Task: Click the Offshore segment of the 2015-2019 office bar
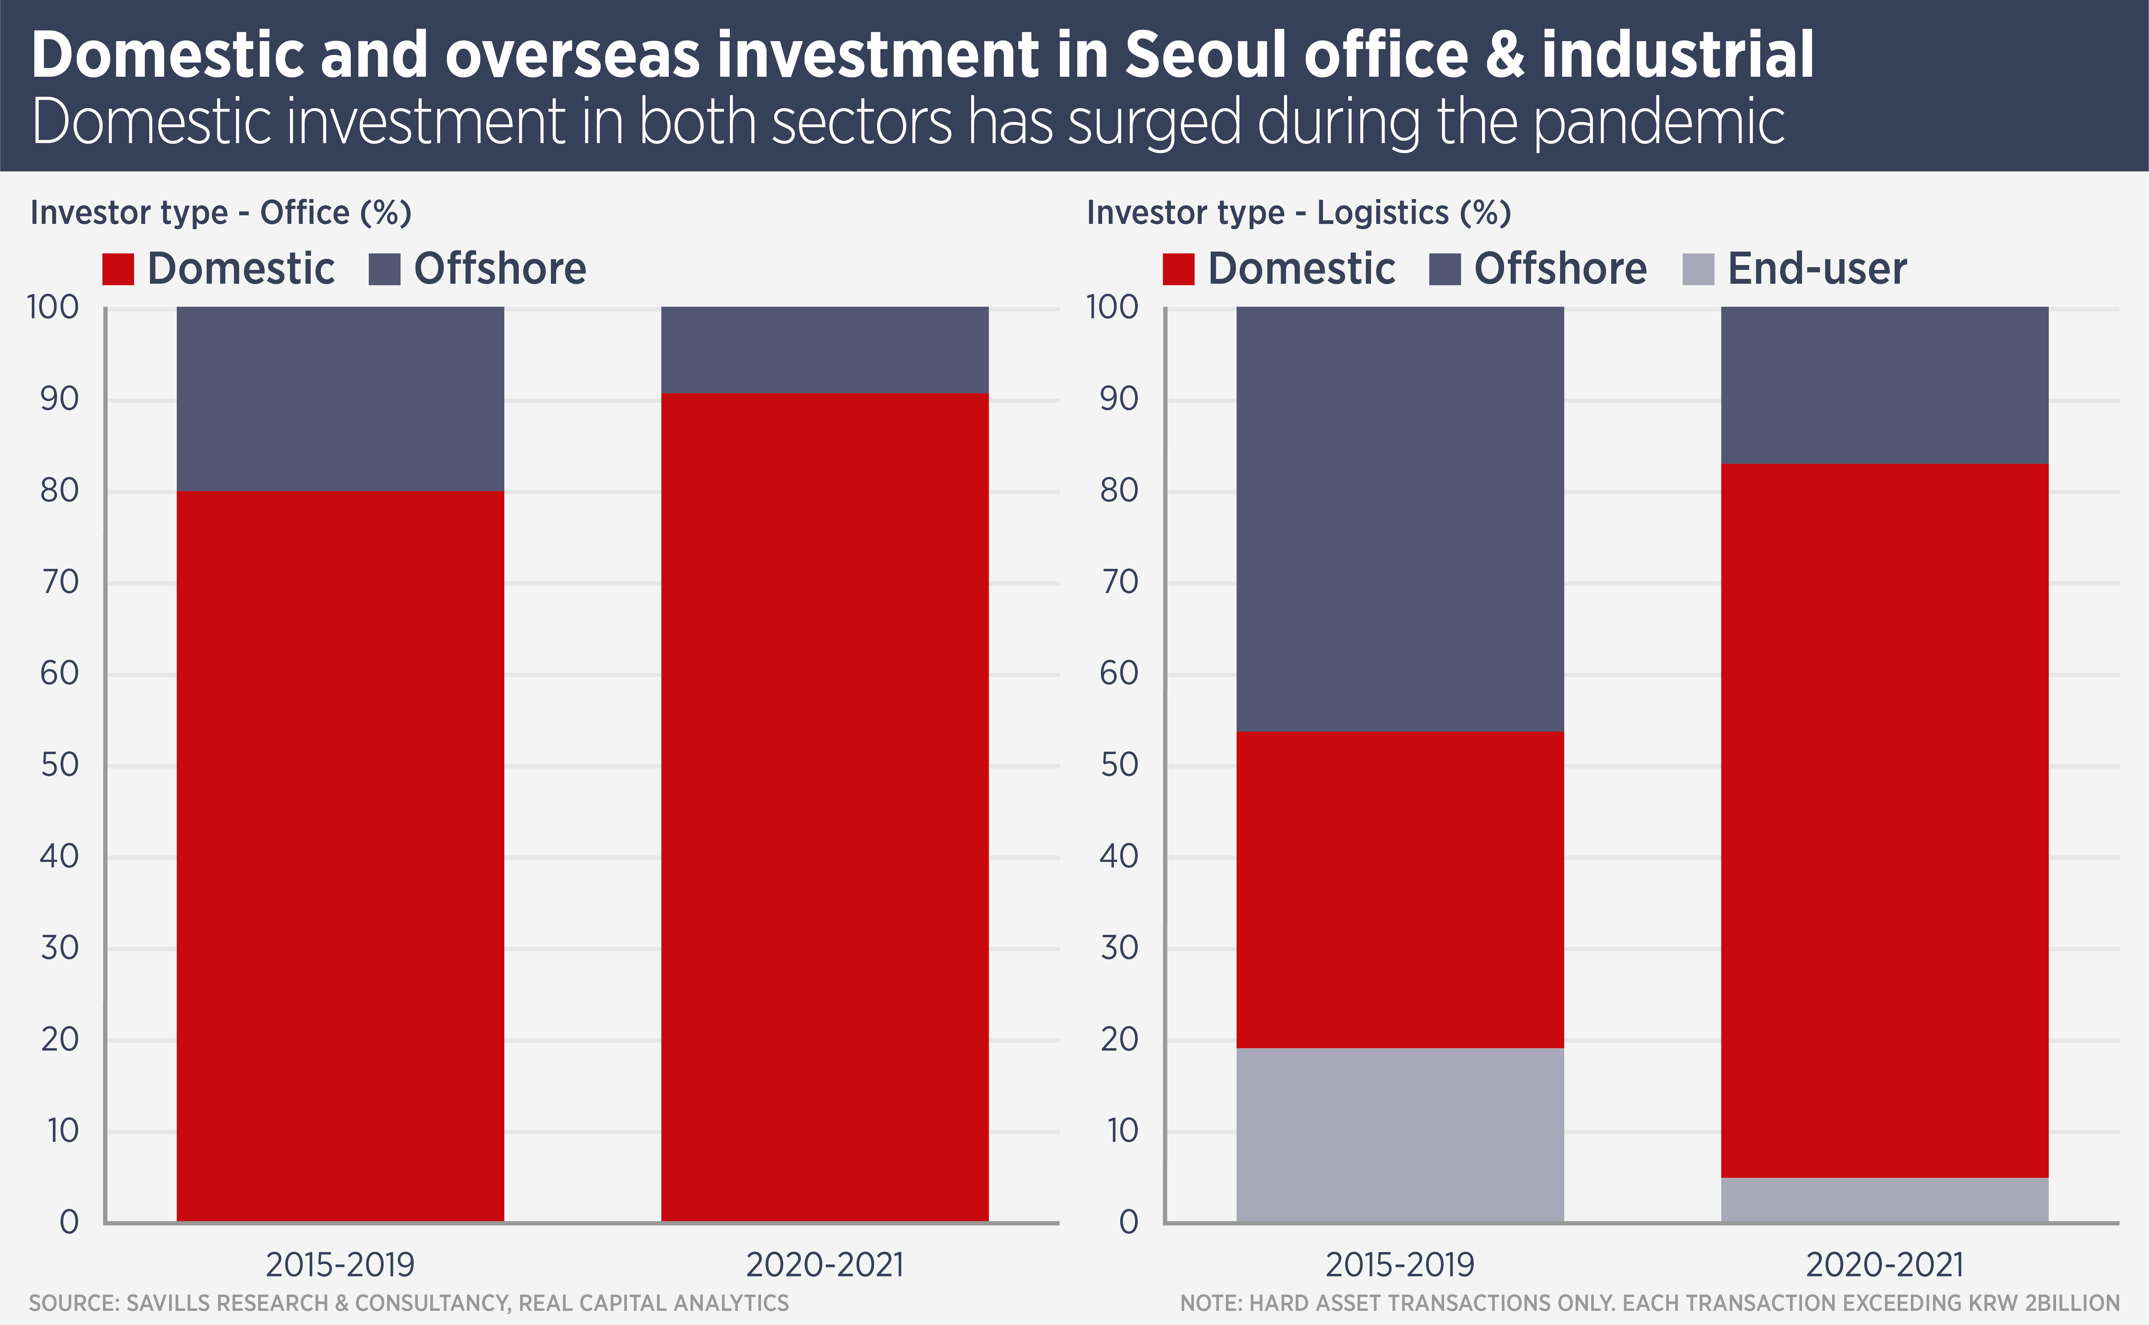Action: click(x=340, y=399)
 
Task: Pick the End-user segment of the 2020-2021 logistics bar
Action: click(x=1884, y=1199)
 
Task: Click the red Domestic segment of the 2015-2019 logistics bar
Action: click(x=1400, y=890)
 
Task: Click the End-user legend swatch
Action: click(x=1698, y=269)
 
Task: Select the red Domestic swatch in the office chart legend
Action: click(x=118, y=269)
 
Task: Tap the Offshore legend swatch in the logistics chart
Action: click(x=1444, y=269)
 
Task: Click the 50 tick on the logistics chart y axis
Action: click(x=1119, y=765)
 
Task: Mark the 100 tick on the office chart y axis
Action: click(x=54, y=308)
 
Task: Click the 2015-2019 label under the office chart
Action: click(x=340, y=1265)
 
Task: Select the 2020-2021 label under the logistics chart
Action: click(x=1884, y=1265)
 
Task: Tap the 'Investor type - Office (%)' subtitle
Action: click(x=221, y=213)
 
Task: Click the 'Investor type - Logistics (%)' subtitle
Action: click(x=1299, y=213)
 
